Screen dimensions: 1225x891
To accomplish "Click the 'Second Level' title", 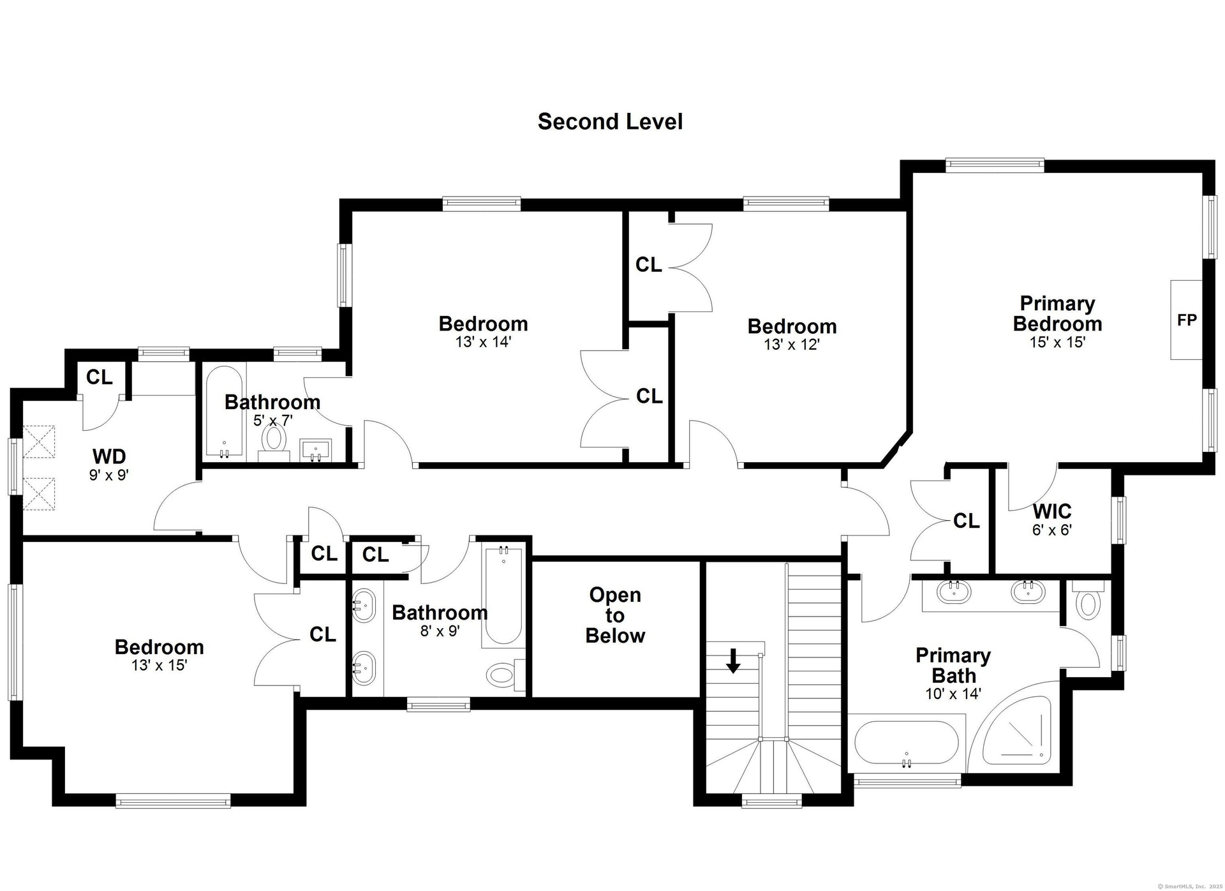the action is pyautogui.click(x=610, y=121).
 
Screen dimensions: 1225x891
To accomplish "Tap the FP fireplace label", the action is pyautogui.click(x=1187, y=320).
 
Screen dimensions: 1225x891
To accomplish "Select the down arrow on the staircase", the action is pyautogui.click(x=733, y=661).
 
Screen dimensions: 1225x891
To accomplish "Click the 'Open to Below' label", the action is pyautogui.click(x=615, y=615).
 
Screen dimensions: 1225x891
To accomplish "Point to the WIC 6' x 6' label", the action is pyautogui.click(x=1052, y=520).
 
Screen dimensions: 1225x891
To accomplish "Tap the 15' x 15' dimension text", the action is pyautogui.click(x=1057, y=342).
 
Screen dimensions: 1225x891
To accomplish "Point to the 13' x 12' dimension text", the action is pyautogui.click(x=792, y=345).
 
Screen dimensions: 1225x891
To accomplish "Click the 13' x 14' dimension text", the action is pyautogui.click(x=483, y=342).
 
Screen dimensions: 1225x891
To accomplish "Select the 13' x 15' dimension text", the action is pyautogui.click(x=159, y=665).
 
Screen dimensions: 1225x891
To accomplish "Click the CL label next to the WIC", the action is pyautogui.click(x=966, y=521).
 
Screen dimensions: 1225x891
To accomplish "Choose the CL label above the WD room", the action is pyautogui.click(x=99, y=377).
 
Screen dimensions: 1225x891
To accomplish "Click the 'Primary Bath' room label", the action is pyautogui.click(x=953, y=666).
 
